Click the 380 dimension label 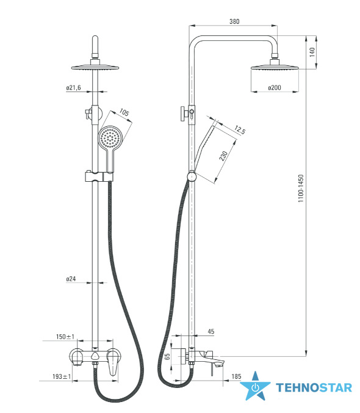coord(234,21)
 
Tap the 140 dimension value coord(312,52)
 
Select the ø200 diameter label coord(275,87)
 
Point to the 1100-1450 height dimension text coord(301,189)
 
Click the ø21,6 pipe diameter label coord(74,88)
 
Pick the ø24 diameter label coord(71,279)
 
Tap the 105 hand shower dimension coord(124,112)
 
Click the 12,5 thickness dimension coord(240,129)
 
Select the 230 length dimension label coord(223,156)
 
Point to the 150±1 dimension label coord(65,337)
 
